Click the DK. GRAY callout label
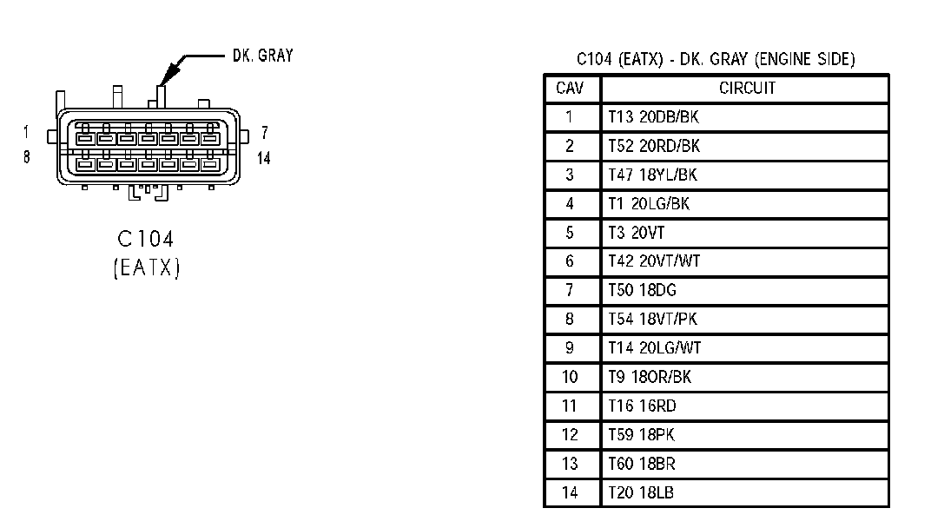point(262,56)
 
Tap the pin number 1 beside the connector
point(27,133)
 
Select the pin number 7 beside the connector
point(264,133)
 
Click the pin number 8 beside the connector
point(27,158)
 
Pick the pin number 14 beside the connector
point(264,158)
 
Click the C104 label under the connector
point(145,239)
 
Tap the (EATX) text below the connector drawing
point(145,267)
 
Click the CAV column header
point(571,89)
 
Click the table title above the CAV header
point(716,59)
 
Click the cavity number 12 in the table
point(570,435)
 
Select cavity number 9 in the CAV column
point(570,348)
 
